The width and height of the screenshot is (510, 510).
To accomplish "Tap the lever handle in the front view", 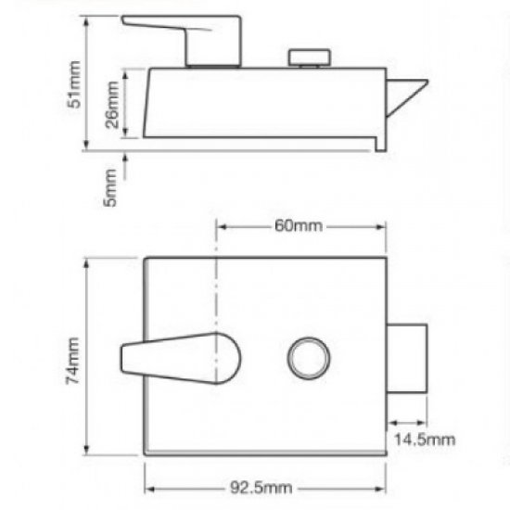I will (181, 357).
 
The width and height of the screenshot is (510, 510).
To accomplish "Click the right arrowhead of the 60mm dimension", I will (381, 225).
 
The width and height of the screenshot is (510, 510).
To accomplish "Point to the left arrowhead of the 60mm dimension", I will (221, 225).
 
